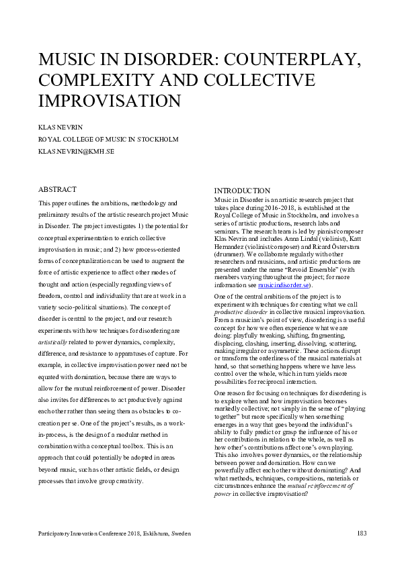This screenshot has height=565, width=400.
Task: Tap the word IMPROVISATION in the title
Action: (x=110, y=101)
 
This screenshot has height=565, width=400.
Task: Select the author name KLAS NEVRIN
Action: (x=64, y=127)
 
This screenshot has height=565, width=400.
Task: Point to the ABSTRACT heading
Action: (x=58, y=189)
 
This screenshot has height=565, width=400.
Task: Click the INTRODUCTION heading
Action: (x=242, y=191)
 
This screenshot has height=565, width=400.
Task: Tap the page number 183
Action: (x=361, y=533)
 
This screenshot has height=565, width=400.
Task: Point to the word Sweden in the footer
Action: (x=180, y=533)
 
